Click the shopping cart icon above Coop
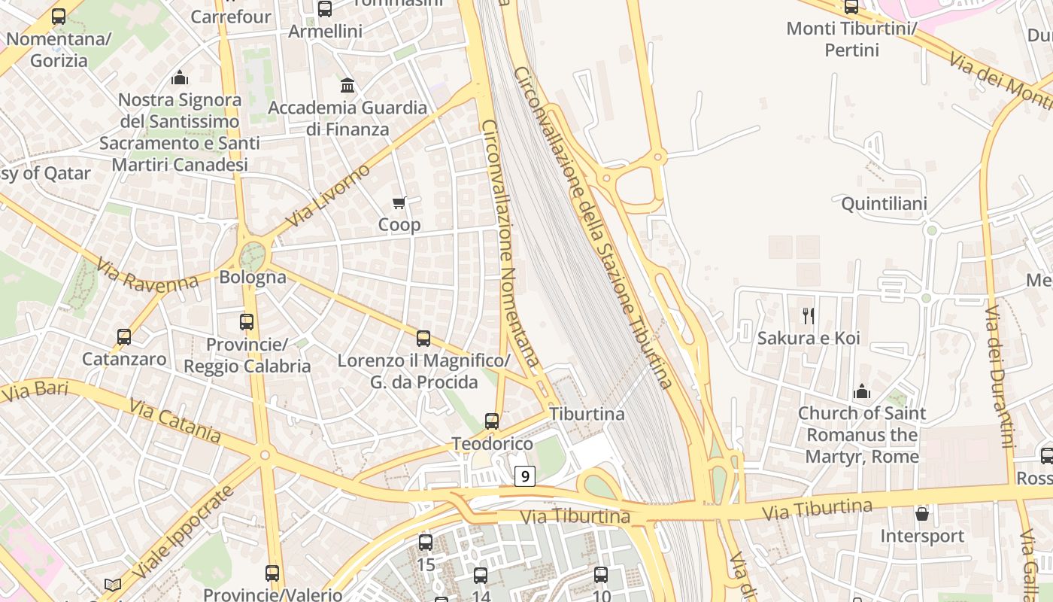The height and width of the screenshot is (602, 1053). tap(399, 202)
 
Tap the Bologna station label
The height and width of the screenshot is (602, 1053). tap(253, 277)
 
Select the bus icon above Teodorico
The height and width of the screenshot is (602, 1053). tap(492, 421)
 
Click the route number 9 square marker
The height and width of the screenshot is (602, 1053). tap(525, 476)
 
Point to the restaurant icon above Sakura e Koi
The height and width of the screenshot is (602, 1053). tap(809, 315)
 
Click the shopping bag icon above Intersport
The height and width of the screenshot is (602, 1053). tap(922, 514)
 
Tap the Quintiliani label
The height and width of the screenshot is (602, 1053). tap(884, 203)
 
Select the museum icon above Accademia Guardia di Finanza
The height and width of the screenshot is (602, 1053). tap(347, 85)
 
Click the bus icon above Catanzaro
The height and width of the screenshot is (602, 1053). tap(124, 337)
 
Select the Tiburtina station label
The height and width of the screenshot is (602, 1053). tap(587, 414)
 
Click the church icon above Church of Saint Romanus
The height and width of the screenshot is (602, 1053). tap(862, 391)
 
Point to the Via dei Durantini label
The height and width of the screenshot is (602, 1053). tap(1000, 376)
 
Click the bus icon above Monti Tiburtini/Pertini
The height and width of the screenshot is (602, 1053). tap(851, 7)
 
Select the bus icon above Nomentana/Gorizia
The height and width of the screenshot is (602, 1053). tap(59, 17)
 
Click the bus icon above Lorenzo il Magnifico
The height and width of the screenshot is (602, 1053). tap(423, 339)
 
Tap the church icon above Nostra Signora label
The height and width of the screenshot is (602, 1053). tap(179, 78)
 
